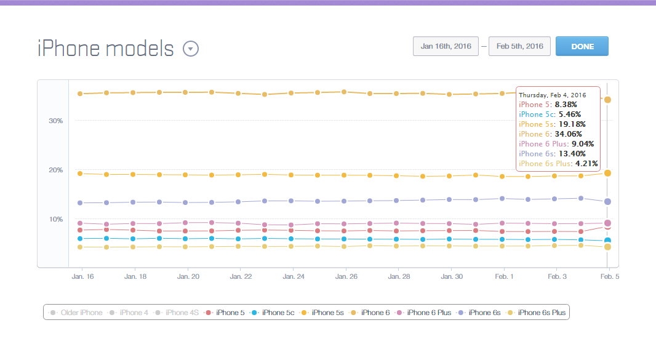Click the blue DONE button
pos(582,46)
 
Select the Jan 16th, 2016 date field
pos(446,46)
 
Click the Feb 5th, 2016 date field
pos(519,46)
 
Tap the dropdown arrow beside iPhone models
pos(191,49)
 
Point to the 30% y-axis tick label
pos(56,121)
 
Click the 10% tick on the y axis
pos(56,219)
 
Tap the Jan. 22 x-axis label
pos(240,277)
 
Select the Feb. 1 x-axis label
pos(504,277)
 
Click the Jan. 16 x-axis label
pos(82,277)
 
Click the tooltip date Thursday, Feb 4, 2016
pos(553,95)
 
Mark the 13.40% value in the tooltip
pos(572,154)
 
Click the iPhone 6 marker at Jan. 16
pos(80,94)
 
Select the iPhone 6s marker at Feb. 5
pos(607,201)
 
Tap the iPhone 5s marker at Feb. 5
pos(607,173)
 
